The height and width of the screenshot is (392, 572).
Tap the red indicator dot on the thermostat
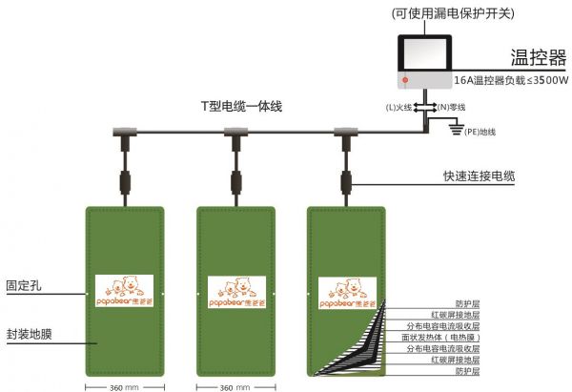tap(405, 81)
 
